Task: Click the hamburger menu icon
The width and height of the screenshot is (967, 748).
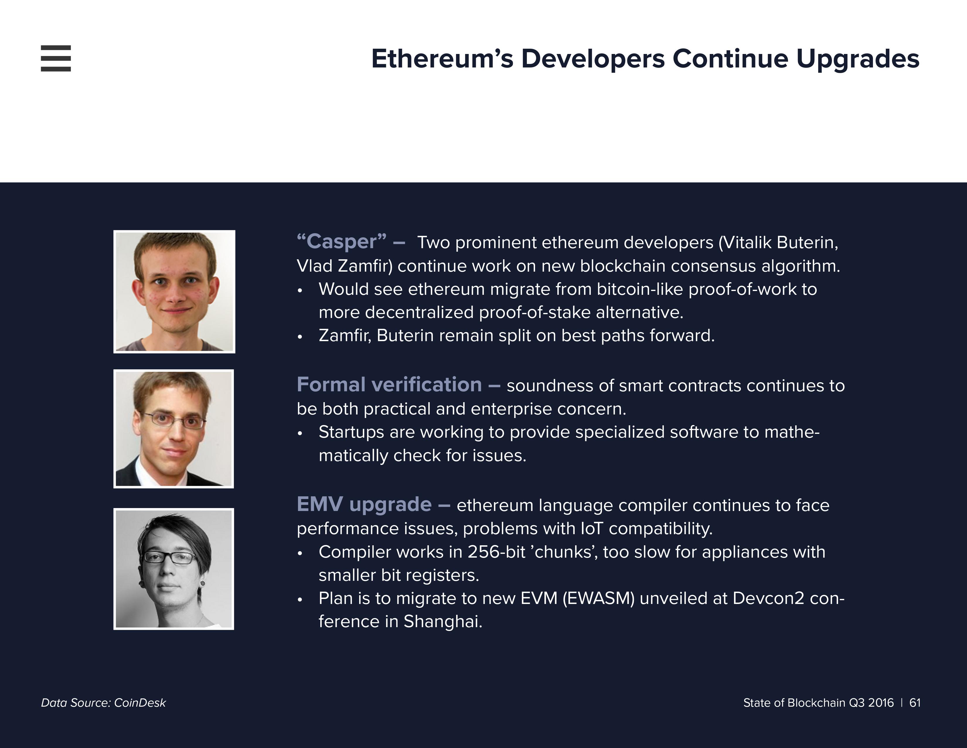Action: coord(56,58)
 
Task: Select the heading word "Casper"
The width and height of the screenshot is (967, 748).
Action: coord(342,241)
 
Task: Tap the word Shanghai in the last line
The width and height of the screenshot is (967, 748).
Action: coord(442,622)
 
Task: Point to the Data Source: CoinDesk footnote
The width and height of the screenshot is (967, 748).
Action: coord(103,703)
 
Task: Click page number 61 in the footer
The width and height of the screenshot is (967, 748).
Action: coord(915,703)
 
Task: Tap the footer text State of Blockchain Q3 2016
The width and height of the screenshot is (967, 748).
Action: coord(818,703)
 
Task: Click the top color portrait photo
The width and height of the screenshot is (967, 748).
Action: coord(174,292)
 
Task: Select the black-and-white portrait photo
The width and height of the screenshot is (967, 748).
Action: coord(173,569)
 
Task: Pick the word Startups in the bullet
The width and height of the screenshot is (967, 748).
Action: coord(351,432)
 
